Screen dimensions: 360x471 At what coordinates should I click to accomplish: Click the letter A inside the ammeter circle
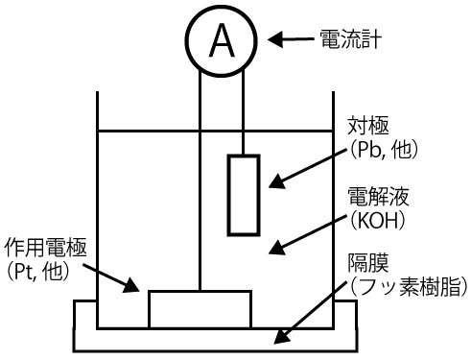coord(221,39)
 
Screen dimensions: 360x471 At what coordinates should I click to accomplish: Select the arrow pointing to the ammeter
coord(289,39)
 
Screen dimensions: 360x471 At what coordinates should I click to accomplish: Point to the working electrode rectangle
coord(200,309)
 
